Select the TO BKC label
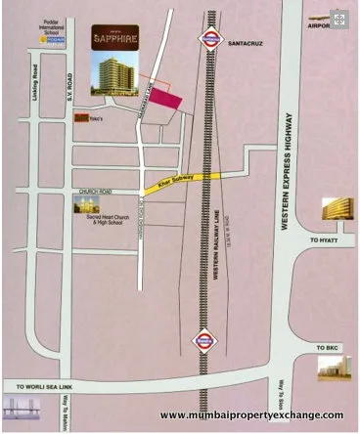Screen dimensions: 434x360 (x=328, y=347)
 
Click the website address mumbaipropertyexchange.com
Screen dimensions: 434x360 (x=251, y=414)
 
